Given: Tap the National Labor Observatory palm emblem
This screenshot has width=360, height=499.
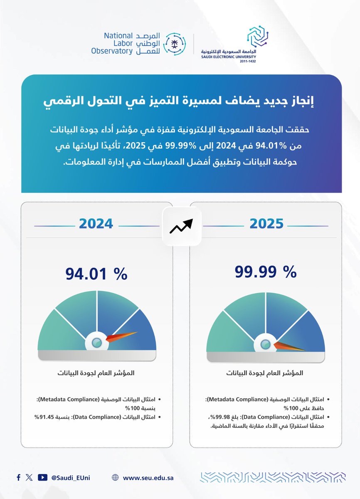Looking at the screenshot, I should tap(172, 43).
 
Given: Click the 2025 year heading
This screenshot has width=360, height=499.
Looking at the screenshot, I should tap(266, 223).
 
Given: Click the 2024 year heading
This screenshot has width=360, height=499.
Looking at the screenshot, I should tap(96, 223).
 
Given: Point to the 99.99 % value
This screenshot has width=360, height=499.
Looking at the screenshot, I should tap(266, 272).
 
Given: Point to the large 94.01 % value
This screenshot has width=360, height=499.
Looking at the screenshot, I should tap(96, 274).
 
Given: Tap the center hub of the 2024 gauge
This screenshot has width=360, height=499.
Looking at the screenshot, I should tap(96, 343).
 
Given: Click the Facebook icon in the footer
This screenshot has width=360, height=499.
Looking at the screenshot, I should tap(19, 477).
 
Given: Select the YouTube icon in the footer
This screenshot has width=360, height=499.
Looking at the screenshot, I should tap(42, 477).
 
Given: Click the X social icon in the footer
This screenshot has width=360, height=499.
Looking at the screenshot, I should tap(29, 477).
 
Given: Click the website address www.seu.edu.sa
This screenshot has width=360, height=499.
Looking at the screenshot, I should tap(148, 478).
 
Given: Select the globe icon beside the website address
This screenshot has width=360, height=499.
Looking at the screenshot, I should tap(115, 478).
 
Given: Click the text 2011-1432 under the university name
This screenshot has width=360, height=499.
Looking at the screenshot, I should tap(248, 61).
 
